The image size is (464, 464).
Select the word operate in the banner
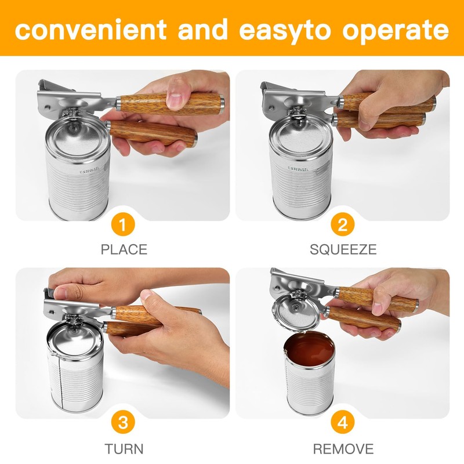pos(394,29)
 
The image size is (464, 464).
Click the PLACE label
pos(124,250)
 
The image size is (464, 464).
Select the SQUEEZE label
pos(343,250)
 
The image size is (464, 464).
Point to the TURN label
pos(124,448)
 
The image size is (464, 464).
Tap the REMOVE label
pos(343,448)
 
